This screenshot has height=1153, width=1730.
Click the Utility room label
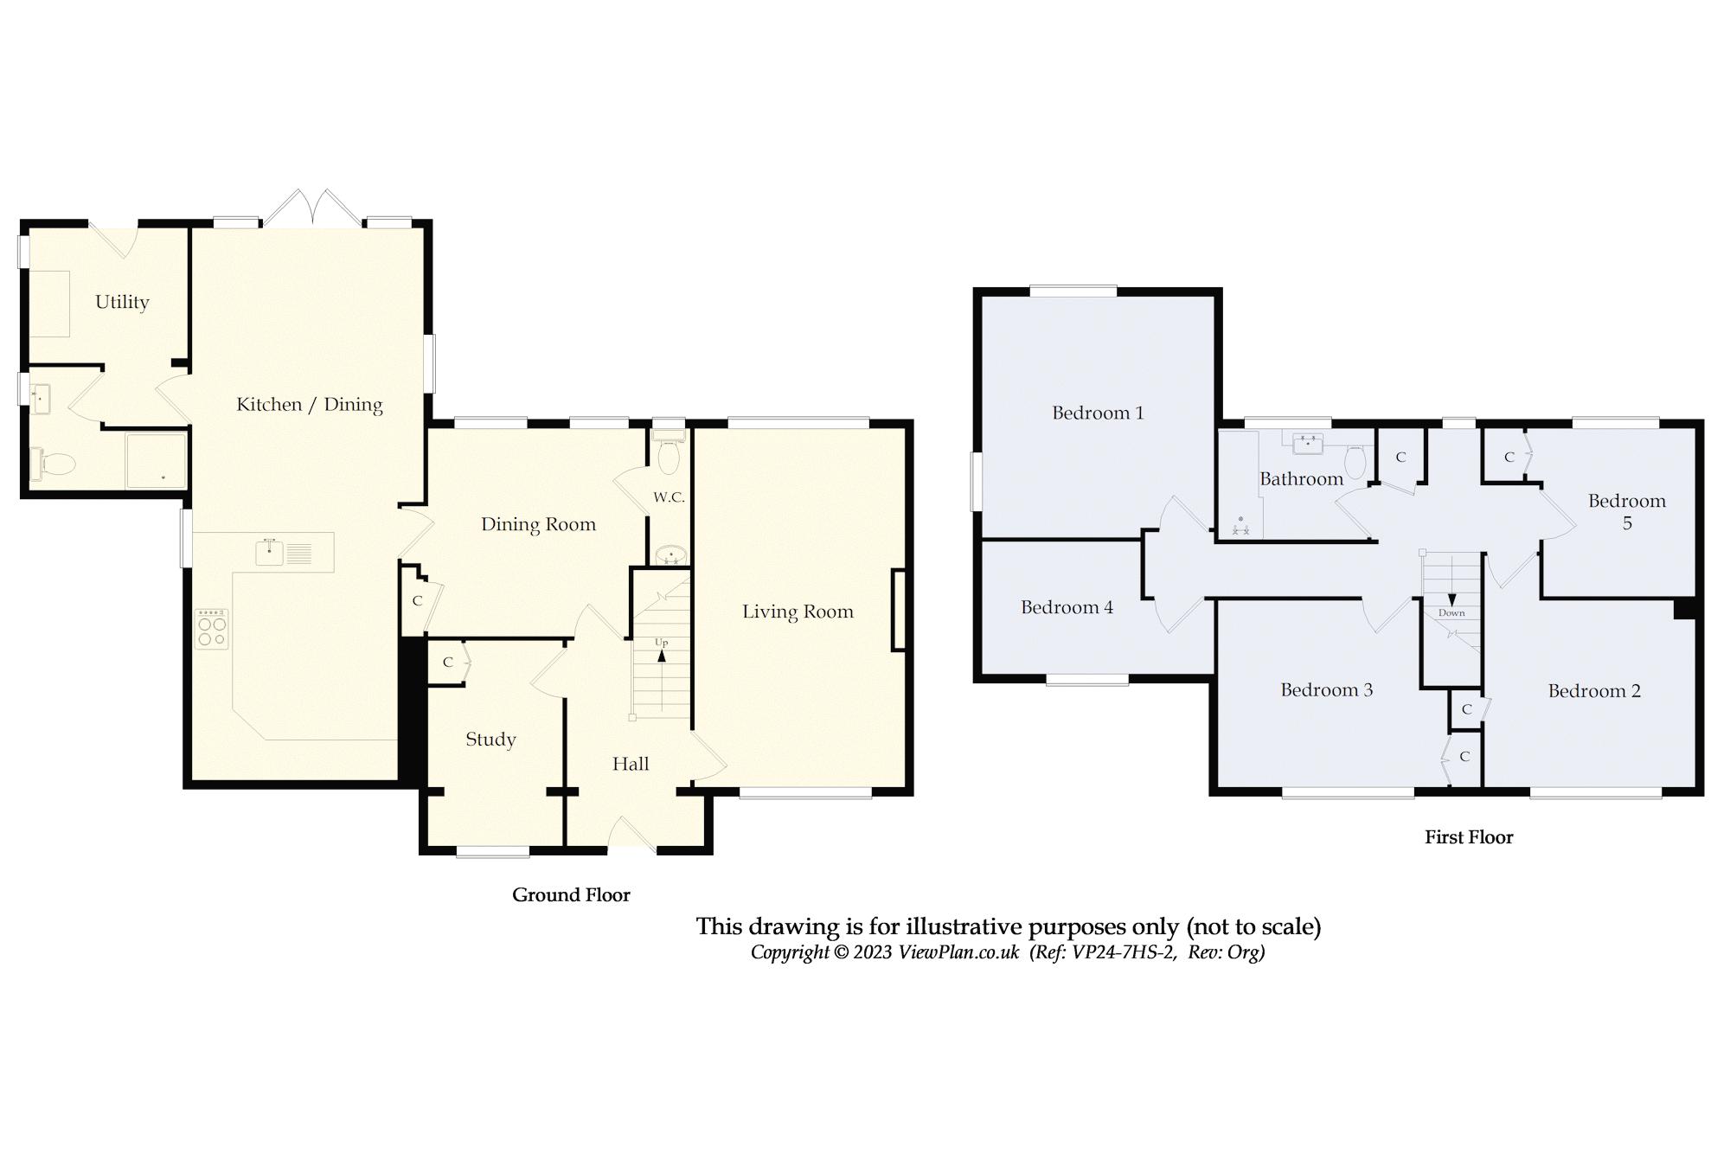(122, 302)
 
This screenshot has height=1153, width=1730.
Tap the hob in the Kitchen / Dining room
(212, 629)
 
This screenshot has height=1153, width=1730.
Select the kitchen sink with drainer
(294, 552)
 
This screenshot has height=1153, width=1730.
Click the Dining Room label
(538, 524)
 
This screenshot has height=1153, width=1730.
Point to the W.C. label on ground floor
(669, 497)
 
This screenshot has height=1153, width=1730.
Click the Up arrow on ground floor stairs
(662, 655)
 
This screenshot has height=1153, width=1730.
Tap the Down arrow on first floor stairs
(1451, 599)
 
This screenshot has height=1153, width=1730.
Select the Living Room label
(798, 612)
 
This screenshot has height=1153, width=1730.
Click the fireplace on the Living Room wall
(899, 609)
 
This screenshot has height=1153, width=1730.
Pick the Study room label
(490, 739)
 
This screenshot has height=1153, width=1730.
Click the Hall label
(631, 764)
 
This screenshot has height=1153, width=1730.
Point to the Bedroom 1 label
(1098, 413)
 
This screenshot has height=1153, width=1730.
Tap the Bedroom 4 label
(1067, 607)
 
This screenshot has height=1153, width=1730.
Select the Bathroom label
(1301, 479)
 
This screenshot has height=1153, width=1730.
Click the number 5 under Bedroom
(1626, 522)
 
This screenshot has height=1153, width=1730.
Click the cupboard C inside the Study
(447, 663)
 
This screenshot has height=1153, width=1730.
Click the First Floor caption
(1469, 837)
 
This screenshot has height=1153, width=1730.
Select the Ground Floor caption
(571, 895)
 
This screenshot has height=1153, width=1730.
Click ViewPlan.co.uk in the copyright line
(958, 952)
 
